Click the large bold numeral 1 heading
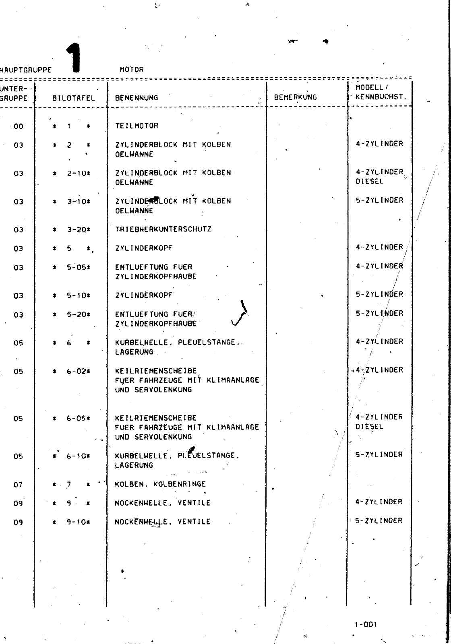[74, 58]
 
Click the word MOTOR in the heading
[132, 69]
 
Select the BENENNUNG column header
[137, 97]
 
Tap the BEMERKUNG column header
[295, 97]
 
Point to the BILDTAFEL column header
[74, 98]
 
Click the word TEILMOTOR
[137, 126]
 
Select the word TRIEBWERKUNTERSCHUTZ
[163, 229]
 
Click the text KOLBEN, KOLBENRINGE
[160, 484]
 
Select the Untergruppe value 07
[19, 485]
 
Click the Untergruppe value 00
[19, 126]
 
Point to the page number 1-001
[366, 624]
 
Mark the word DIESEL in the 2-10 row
[370, 182]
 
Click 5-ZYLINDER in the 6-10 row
[379, 454]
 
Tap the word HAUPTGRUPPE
[26, 70]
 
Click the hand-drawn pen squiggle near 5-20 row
[240, 314]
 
